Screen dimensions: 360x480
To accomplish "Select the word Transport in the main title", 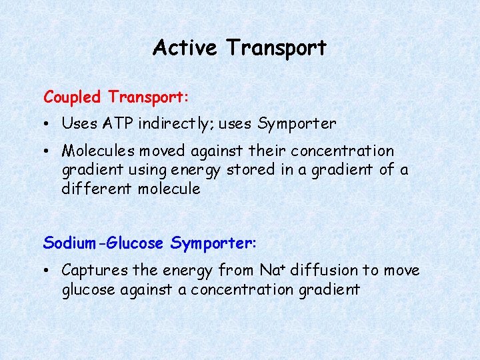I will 276,48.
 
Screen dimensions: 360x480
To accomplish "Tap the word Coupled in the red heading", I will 72,97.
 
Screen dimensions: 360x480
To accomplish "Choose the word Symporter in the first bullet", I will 297,124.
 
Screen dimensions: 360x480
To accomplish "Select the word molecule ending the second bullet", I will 169,189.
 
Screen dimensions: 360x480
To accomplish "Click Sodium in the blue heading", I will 68,243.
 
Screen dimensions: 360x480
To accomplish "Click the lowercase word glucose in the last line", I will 89,290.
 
